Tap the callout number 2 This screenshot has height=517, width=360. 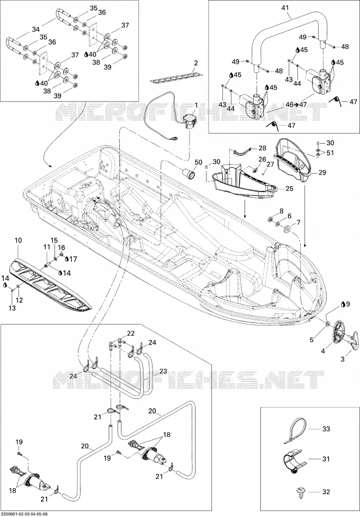point(196,63)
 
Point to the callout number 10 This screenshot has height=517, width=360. point(18,241)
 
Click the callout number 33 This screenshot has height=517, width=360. point(326,429)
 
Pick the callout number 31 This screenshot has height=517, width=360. point(326,459)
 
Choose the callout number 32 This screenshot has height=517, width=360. point(326,492)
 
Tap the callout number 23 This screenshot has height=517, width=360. point(163,371)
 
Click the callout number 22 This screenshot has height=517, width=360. point(131,334)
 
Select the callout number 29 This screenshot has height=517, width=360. point(322,173)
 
